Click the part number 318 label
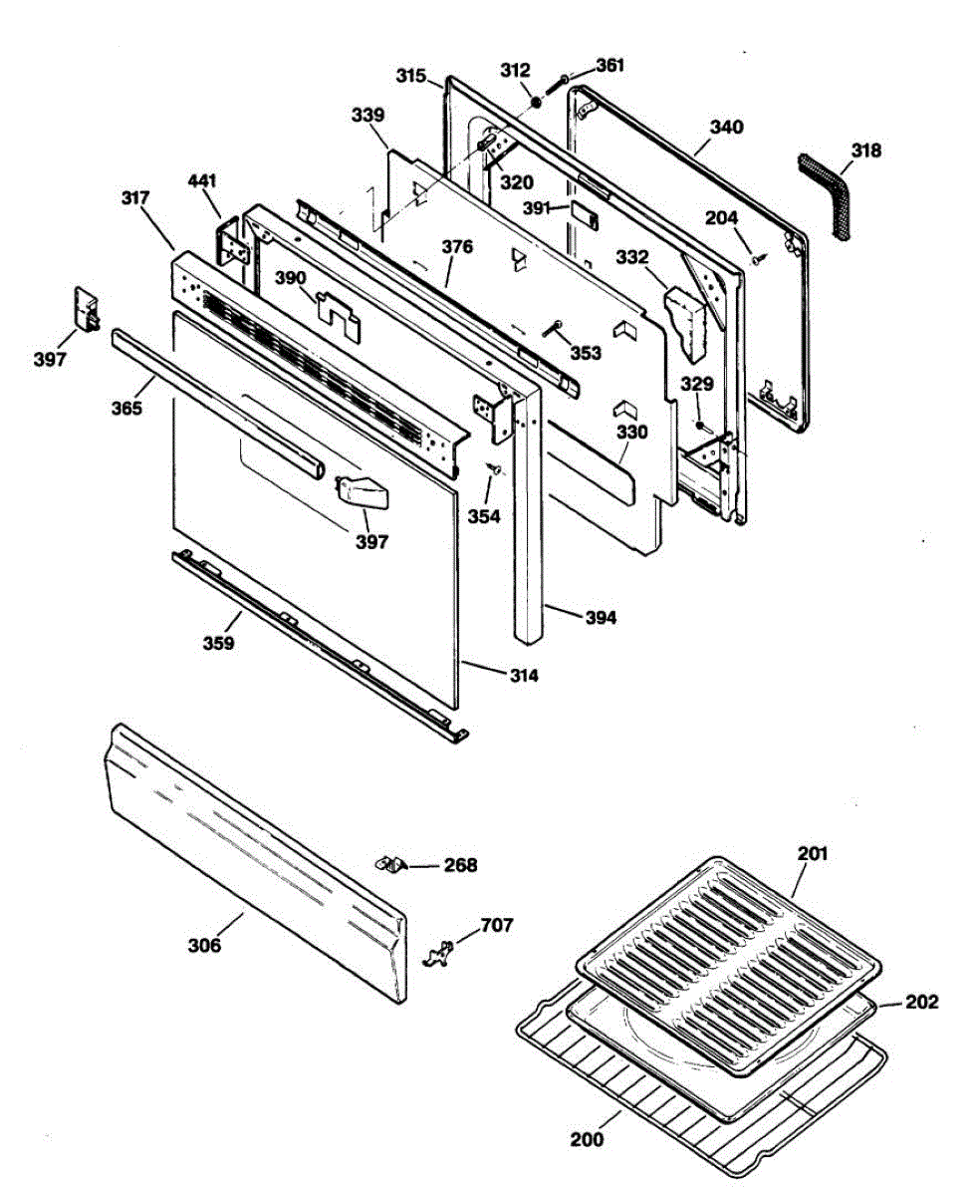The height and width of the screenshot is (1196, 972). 866,151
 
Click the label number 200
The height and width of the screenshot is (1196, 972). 588,1139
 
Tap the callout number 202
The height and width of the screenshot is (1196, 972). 921,1003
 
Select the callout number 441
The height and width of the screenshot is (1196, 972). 203,181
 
